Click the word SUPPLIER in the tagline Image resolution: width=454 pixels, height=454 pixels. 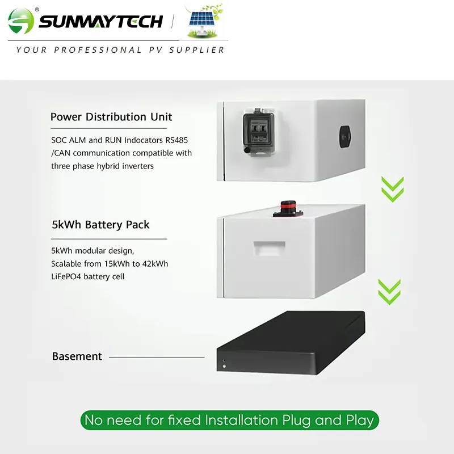pos(197,50)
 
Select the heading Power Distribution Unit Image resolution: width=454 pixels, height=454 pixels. pos(111,117)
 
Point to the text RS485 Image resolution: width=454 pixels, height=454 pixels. pos(176,140)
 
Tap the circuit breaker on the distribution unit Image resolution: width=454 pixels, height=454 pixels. pos(258,133)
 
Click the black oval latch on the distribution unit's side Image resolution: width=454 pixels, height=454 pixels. pos(345,137)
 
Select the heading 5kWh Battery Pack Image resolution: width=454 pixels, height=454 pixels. pos(100,225)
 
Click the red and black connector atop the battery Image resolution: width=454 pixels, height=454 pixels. pos(288,209)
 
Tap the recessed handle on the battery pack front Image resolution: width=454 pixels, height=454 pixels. pos(269,248)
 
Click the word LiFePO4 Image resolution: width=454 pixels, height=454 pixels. pos(66,276)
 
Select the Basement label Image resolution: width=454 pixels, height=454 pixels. pos(77,356)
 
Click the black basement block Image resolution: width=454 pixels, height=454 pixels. pos(291,343)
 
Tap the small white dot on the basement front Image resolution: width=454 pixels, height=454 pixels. pos(224,366)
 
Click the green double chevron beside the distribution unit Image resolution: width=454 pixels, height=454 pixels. pos(393,189)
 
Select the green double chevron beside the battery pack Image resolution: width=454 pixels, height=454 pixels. pos(389,292)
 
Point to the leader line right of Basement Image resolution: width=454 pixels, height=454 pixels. pos(157,358)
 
